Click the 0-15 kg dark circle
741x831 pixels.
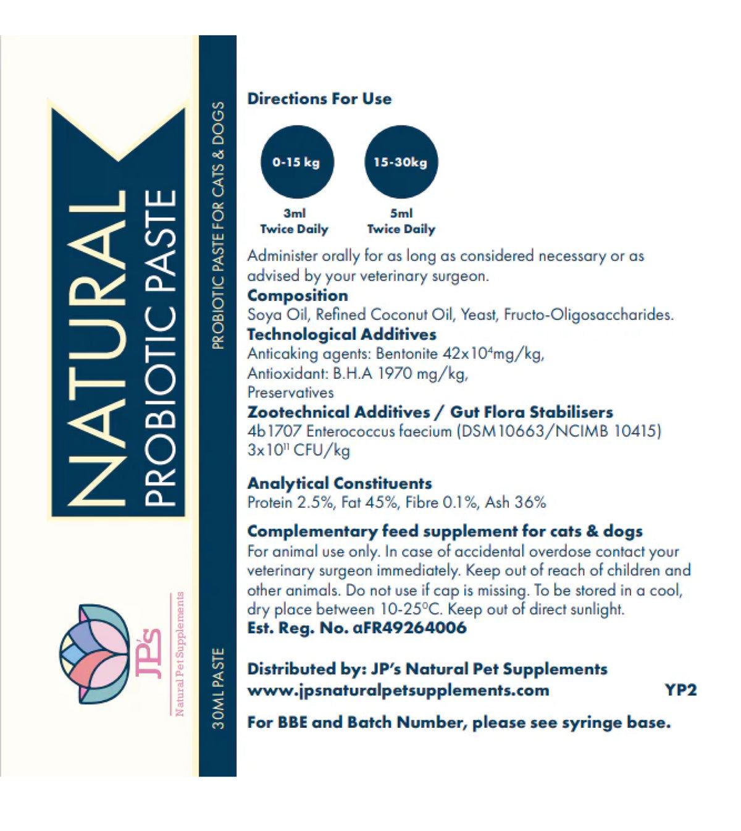point(297,162)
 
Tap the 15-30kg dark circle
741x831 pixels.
point(401,162)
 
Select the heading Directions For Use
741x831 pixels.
point(319,99)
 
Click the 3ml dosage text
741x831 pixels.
point(295,213)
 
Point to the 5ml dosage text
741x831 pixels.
point(401,213)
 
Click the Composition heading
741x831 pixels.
point(298,295)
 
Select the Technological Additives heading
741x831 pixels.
point(341,334)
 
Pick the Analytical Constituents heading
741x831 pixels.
point(340,483)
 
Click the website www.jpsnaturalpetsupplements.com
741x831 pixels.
point(398,690)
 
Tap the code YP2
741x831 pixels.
point(680,690)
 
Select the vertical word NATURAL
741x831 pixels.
point(97,349)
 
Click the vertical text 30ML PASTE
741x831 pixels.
point(218,688)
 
